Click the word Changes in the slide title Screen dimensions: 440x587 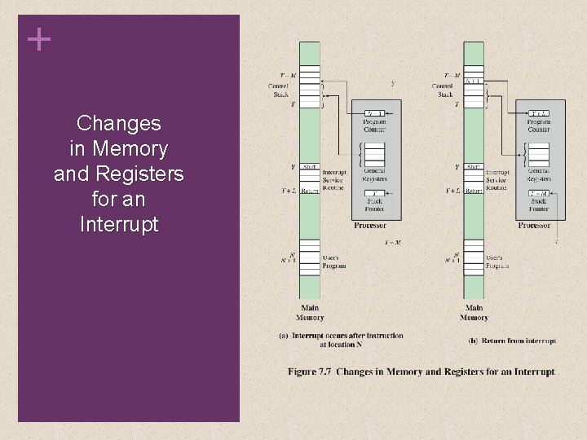118,124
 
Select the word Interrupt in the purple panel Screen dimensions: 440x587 119,223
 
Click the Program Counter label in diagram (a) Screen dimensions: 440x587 374,125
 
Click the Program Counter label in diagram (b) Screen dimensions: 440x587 538,125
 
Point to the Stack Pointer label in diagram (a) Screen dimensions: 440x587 374,205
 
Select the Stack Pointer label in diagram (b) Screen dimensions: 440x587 538,205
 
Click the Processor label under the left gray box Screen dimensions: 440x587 369,225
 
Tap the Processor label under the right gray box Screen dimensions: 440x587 534,225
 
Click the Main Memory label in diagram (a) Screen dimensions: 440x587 310,313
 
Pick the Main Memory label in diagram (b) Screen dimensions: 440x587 474,313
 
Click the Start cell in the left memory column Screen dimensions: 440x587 310,167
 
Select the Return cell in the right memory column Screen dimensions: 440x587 474,191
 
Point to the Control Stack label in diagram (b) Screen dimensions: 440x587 443,90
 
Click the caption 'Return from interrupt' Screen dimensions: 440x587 513,341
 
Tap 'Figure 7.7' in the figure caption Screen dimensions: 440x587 309,372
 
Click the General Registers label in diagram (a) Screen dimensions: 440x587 374,175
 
